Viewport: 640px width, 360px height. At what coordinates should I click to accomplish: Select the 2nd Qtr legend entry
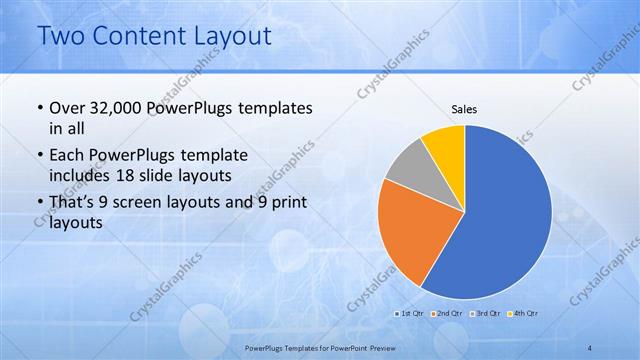click(x=449, y=313)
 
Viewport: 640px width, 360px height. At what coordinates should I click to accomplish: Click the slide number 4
click(x=590, y=346)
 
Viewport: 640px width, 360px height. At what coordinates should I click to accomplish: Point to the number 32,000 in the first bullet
click(x=116, y=108)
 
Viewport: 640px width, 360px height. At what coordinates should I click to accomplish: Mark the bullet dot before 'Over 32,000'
click(x=38, y=108)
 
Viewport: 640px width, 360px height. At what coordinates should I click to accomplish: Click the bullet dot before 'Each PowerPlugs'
click(x=38, y=156)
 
